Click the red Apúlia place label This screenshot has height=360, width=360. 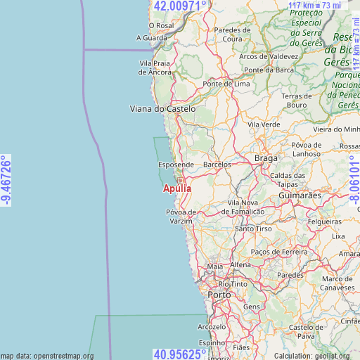[177, 188]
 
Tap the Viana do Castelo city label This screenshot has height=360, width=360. [162, 109]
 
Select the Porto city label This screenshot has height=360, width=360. [220, 295]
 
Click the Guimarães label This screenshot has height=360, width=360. [300, 195]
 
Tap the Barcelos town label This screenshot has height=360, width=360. [217, 165]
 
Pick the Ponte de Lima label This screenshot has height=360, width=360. [226, 84]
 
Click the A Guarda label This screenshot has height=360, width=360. [152, 38]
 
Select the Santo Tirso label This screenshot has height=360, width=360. [254, 229]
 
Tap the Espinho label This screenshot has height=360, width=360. [213, 342]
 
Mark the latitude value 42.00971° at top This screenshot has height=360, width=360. [180, 6]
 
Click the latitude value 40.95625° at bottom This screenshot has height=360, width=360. [180, 354]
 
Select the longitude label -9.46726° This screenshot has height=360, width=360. [6, 180]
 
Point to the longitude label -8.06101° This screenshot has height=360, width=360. [354, 180]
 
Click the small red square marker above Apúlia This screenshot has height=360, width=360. [180, 180]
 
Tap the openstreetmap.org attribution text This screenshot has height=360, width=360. [47, 356]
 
